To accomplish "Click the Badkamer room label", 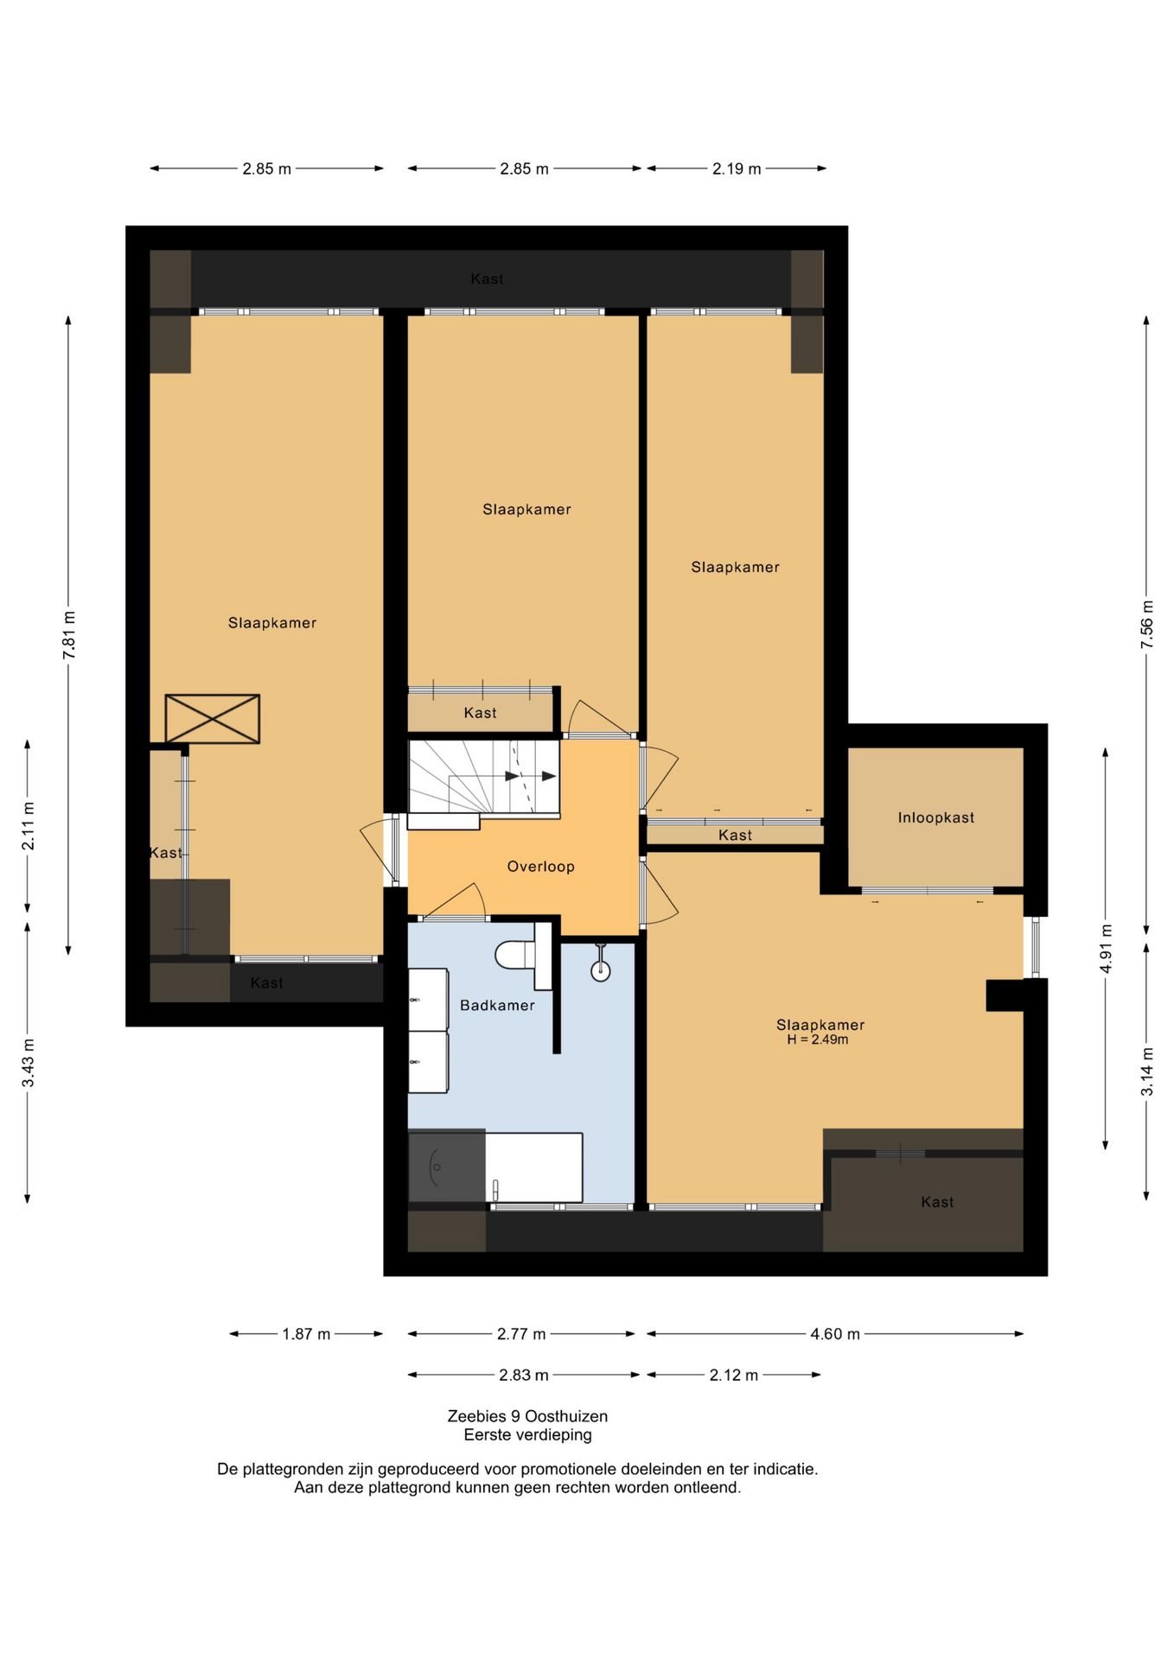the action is coord(497,1005).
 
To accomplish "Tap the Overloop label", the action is coord(540,867).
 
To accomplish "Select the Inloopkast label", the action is coord(936,817).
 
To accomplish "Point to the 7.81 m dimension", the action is coord(69,635).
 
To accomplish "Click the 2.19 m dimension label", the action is coord(737,169).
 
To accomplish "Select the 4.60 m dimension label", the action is coord(835,1334).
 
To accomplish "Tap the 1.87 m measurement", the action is coord(306,1334).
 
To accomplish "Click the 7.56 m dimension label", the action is coord(1147,624).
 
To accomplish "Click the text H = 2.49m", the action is coord(818,1039).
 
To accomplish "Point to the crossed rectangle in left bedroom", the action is coord(213,719).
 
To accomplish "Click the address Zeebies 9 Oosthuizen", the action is coord(527,1416).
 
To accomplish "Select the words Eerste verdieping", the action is coord(527,1435).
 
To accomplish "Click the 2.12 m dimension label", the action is coord(734,1375).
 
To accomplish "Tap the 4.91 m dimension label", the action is coord(1107,949).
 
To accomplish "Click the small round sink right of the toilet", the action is coord(601,970).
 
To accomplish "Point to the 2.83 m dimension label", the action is coord(524,1375).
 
